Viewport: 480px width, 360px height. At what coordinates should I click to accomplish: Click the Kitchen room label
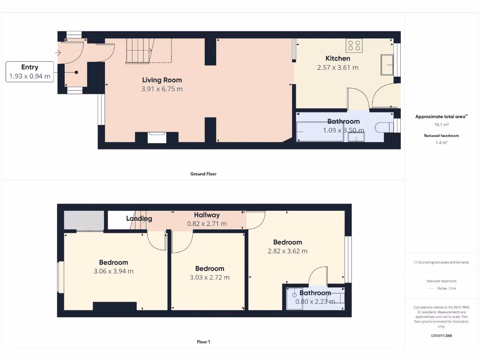click(337, 59)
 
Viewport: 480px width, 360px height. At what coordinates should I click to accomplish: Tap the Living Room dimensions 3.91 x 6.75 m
click(162, 89)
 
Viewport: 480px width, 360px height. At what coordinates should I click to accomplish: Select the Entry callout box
click(30, 72)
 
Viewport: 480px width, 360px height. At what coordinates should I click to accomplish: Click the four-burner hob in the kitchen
click(354, 45)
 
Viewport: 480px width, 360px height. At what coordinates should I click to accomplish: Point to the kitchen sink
click(387, 65)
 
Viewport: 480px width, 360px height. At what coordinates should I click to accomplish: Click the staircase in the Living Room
click(138, 51)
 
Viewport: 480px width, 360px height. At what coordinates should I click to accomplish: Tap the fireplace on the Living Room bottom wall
click(157, 137)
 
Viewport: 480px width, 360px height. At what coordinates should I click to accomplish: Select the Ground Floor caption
click(203, 174)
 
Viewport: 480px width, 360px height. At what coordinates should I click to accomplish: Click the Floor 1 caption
click(203, 342)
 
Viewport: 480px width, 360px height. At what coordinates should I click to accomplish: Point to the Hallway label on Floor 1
click(207, 215)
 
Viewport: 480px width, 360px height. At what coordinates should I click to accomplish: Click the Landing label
click(139, 218)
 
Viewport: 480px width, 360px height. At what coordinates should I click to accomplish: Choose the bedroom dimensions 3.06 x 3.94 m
click(113, 271)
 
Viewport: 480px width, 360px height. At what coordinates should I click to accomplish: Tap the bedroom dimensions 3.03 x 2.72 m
click(210, 277)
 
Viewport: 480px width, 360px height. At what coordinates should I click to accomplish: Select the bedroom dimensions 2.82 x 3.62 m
click(287, 251)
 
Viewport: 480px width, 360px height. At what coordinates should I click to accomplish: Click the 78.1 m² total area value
click(441, 125)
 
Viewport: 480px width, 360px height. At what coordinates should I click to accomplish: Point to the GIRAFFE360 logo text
click(441, 336)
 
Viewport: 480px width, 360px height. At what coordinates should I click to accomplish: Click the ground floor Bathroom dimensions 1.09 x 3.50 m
click(344, 130)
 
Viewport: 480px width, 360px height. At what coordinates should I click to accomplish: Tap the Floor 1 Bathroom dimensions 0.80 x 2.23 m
click(315, 301)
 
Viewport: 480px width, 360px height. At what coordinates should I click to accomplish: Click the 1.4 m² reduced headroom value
click(441, 142)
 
